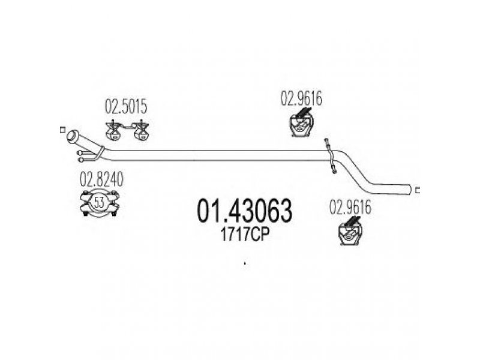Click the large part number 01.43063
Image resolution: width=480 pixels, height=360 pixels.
tap(244, 211)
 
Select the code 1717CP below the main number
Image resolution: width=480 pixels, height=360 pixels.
tap(245, 235)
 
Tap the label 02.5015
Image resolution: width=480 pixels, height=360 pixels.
tap(126, 107)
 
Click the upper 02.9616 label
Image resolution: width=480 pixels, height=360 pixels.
tap(302, 98)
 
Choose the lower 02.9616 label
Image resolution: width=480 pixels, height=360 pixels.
tap(350, 207)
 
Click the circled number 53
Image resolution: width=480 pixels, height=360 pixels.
tap(100, 203)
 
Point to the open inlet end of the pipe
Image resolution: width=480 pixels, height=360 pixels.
tap(73, 136)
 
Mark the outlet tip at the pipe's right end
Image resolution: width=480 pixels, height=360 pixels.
tap(409, 189)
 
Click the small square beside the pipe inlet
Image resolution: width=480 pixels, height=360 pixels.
tap(62, 130)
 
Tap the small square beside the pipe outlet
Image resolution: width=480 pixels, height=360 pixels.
tap(418, 190)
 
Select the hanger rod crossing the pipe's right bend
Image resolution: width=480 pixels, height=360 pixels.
tap(331, 156)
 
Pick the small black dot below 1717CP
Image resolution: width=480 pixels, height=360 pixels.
tap(245, 263)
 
